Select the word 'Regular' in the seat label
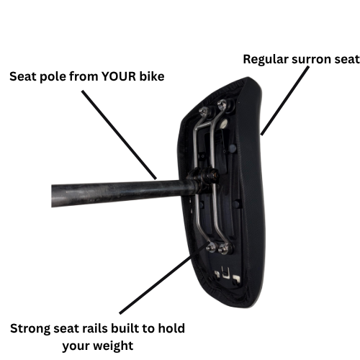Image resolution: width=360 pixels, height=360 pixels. pyautogui.click(x=266, y=60)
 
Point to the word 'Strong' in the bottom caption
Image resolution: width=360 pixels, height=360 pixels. pyautogui.click(x=30, y=329)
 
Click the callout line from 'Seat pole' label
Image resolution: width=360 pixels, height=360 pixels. pyautogui.click(x=119, y=135)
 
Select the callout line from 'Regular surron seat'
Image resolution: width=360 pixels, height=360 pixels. pyautogui.click(x=285, y=101)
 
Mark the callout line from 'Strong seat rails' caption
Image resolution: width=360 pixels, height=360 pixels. pyautogui.click(x=163, y=278)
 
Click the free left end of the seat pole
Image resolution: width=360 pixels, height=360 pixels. pyautogui.click(x=52, y=196)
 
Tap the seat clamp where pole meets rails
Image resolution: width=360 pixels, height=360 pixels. pyautogui.click(x=203, y=178)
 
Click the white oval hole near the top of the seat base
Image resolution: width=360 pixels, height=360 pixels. pyautogui.click(x=224, y=123)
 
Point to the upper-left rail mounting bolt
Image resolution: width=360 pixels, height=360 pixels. pyautogui.click(x=204, y=111)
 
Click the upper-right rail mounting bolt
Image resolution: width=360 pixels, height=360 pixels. pyautogui.click(x=222, y=104)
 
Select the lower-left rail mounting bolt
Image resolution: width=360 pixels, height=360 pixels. pyautogui.click(x=212, y=247)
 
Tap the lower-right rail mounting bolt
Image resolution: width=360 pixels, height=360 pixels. pyautogui.click(x=224, y=248)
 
